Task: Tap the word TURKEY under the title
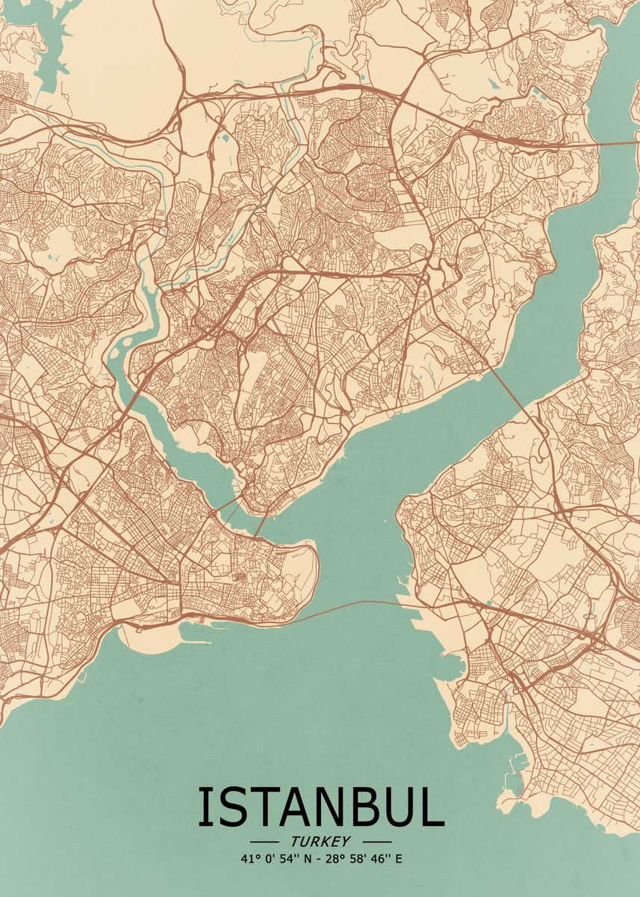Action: click(x=321, y=842)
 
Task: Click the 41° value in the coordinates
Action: click(x=249, y=859)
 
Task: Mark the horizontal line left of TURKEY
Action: click(x=268, y=842)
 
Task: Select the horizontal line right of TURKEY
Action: click(x=375, y=842)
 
